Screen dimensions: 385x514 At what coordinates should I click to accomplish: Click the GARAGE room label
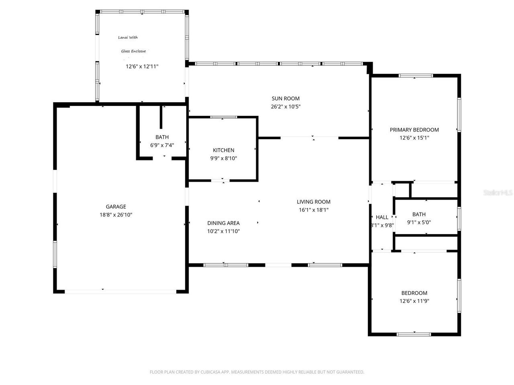point(116,207)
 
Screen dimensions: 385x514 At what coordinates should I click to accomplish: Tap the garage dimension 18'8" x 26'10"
point(116,215)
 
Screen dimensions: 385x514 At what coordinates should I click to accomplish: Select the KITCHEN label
point(223,150)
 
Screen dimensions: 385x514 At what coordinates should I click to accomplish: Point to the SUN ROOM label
point(286,99)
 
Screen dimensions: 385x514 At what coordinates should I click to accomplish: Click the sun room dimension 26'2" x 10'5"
point(286,107)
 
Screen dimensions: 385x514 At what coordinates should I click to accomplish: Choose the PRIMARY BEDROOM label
point(414,130)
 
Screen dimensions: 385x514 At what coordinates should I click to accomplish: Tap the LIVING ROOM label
point(313,202)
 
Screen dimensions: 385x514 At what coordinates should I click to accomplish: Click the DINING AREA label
point(223,223)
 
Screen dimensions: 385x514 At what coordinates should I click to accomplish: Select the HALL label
point(382,217)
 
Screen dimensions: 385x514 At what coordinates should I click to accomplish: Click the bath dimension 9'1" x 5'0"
point(419,222)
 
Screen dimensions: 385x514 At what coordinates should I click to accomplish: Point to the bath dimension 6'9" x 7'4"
point(162,145)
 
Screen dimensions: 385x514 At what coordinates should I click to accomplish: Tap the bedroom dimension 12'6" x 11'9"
point(414,301)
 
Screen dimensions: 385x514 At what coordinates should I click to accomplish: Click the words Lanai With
point(128,37)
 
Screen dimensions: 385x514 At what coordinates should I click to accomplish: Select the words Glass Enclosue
point(133,51)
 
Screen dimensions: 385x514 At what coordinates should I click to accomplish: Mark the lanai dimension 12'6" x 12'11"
point(142,67)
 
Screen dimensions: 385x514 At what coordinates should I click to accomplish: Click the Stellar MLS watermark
point(498,192)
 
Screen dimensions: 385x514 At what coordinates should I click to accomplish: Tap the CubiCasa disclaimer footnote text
point(257,372)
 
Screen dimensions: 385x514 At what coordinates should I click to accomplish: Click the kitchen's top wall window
point(224,117)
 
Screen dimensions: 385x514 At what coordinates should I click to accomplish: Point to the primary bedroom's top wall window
point(416,75)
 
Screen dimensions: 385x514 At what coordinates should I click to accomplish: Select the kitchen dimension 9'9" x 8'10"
point(223,158)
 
